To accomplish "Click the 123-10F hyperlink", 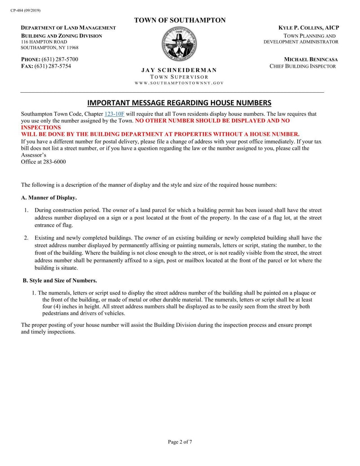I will [114, 114].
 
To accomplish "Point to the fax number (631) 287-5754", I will [56, 66].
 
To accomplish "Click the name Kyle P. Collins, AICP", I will [309, 28].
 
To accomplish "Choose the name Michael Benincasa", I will [311, 59].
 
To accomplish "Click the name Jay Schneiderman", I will [179, 70].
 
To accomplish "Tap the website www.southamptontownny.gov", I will [179, 83].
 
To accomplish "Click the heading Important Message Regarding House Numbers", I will [179, 102].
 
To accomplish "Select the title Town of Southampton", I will [180, 20].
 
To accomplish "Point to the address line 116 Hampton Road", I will [44, 42].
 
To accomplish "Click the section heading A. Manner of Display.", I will [49, 198].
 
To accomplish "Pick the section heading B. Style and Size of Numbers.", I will [60, 281].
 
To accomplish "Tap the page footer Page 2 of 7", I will [180, 442].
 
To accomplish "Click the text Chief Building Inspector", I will [302, 66].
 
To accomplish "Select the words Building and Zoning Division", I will [62, 36].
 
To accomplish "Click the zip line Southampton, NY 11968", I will [49, 48].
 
